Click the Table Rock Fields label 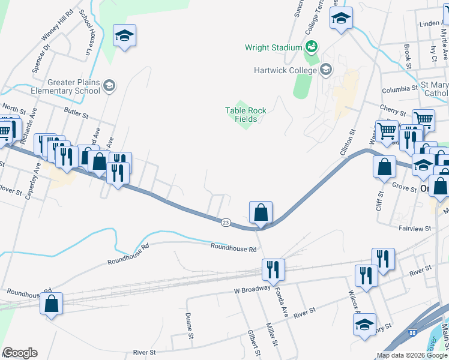246,115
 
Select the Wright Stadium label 273,47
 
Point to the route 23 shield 225,222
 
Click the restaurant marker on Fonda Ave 273,270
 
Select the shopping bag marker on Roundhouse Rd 52,304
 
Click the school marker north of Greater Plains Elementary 124,37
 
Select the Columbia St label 399,88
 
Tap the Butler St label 76,112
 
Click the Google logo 20,353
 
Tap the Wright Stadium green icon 311,46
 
